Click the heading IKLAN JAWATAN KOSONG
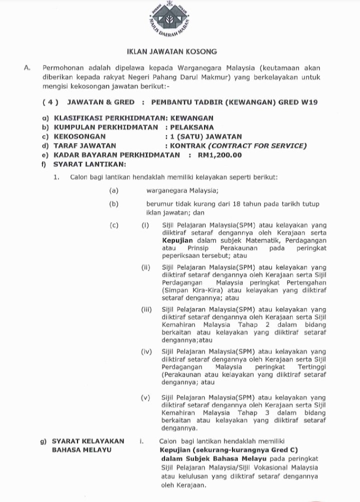click(171, 52)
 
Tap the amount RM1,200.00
click(220, 155)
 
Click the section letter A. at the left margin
click(27, 68)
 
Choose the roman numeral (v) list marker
click(146, 398)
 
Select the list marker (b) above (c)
click(114, 204)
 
